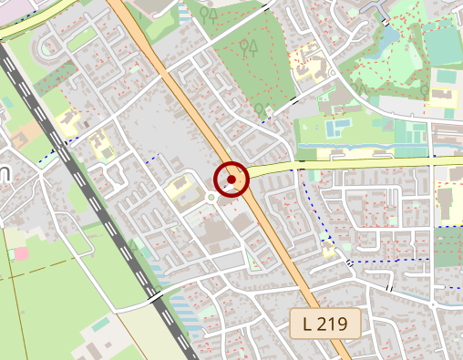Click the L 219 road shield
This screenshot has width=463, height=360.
[325, 323]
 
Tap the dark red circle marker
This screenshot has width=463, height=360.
[231, 180]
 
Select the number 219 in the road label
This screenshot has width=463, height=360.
[334, 323]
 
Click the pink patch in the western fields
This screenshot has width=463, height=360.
[20, 252]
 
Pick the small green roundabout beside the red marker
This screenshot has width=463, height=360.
[211, 196]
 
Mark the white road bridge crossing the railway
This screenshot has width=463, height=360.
[153, 297]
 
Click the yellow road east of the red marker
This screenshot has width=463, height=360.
[365, 165]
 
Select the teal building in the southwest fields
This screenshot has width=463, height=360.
[100, 324]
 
